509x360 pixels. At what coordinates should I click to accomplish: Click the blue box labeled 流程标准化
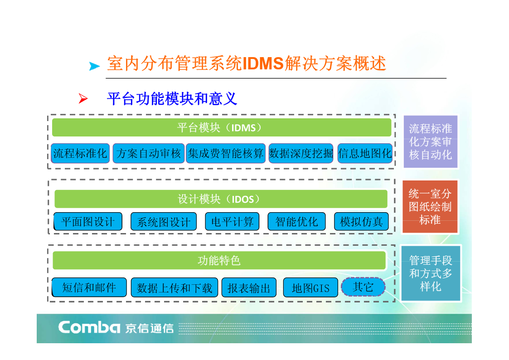[x=80, y=153]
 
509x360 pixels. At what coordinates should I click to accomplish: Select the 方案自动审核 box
[x=149, y=153]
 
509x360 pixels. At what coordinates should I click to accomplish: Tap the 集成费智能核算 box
[x=226, y=153]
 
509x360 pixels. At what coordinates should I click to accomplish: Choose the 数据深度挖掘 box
[x=301, y=153]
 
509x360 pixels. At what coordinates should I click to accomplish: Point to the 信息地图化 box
[x=365, y=153]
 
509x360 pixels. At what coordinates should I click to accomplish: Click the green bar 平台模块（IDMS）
[x=222, y=127]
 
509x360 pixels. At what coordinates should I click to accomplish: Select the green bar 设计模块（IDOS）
[x=221, y=199]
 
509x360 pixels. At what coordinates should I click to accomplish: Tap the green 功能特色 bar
[x=219, y=260]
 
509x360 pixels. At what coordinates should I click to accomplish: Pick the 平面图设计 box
[x=88, y=222]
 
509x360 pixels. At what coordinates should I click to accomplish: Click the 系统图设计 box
[x=164, y=222]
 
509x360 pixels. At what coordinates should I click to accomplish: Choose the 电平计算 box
[x=232, y=222]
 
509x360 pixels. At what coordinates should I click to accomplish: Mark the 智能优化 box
[x=296, y=222]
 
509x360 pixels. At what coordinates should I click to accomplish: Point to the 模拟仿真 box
[x=361, y=222]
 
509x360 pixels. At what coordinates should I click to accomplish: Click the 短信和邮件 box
[x=89, y=287]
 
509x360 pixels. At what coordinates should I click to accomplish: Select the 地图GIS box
[x=310, y=287]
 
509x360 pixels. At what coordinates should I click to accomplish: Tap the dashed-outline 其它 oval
[x=363, y=287]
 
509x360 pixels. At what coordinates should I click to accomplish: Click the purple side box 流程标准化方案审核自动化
[x=431, y=141]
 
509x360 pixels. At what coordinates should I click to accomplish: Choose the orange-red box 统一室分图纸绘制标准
[x=430, y=207]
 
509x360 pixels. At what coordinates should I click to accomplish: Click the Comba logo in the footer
[x=89, y=327]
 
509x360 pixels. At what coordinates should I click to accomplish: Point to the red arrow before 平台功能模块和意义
[x=83, y=98]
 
